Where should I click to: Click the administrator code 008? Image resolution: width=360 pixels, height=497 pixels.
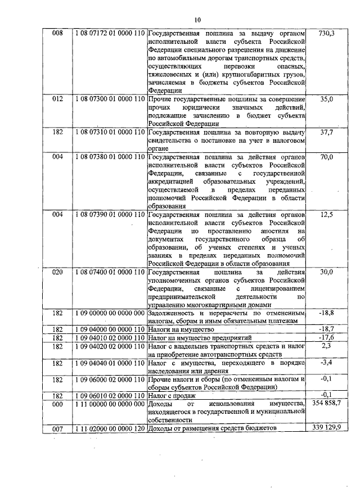57,34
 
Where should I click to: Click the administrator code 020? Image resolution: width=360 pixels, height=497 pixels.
57,272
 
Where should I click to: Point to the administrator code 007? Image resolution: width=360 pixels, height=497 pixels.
57,429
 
